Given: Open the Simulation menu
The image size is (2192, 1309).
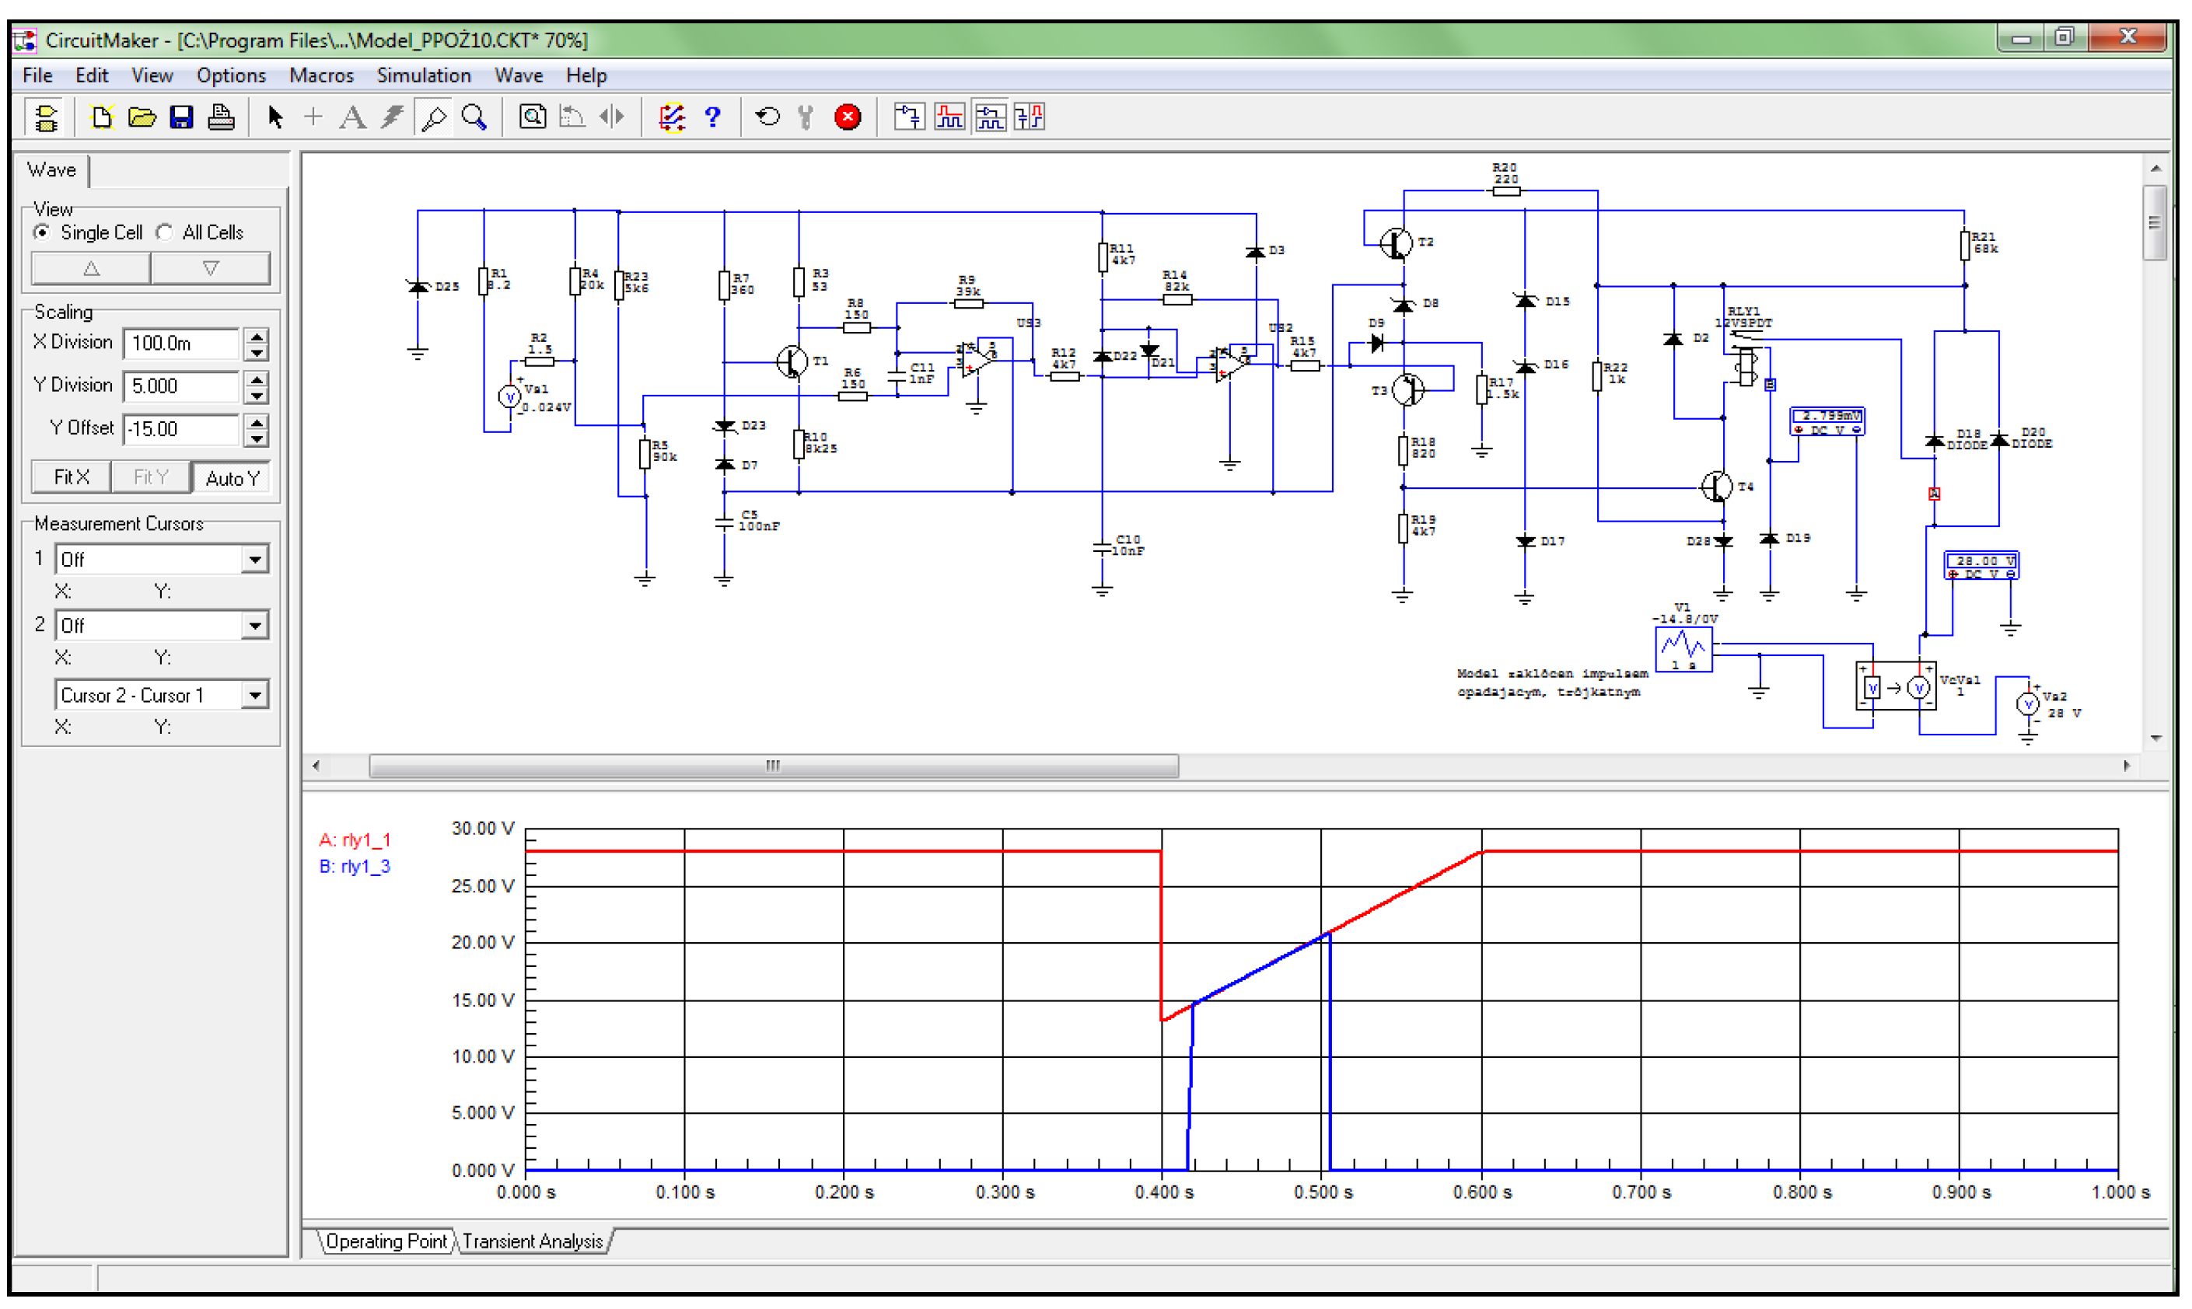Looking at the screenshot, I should click(x=424, y=76).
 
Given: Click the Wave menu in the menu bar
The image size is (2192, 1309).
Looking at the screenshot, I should click(x=518, y=76).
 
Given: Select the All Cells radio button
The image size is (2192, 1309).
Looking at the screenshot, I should click(x=165, y=233).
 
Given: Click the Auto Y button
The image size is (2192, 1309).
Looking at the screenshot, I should click(x=232, y=478).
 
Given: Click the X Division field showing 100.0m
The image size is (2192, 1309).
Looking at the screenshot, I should click(x=182, y=343).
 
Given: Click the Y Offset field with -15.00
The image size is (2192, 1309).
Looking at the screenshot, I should click(x=182, y=430).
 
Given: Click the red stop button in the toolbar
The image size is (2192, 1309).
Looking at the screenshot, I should click(x=848, y=117).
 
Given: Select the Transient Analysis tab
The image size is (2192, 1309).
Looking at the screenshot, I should click(x=533, y=1242).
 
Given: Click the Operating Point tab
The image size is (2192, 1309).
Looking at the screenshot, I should click(x=386, y=1242).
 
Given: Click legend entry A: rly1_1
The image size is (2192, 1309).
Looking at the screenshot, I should click(x=355, y=840).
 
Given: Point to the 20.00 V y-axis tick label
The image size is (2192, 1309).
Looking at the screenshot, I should click(x=483, y=943).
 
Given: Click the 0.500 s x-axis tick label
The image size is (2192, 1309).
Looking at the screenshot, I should click(x=1323, y=1193).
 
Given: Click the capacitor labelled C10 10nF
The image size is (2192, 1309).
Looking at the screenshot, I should click(x=1103, y=548).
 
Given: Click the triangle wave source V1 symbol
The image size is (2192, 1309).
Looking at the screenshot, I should click(x=1683, y=649).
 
